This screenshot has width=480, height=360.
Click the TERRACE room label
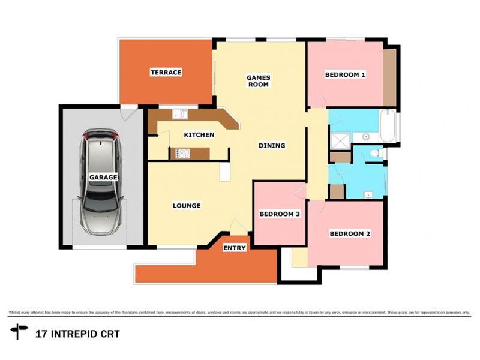(x=166, y=73)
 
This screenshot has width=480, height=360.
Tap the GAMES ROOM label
(x=259, y=81)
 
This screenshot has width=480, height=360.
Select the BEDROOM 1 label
(x=345, y=75)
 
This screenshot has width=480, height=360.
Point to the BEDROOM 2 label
(x=349, y=234)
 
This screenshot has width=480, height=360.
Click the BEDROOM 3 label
(x=279, y=214)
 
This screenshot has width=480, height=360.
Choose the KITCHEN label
(x=199, y=135)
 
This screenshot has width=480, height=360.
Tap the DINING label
(x=271, y=146)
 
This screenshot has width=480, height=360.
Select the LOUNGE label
(x=187, y=206)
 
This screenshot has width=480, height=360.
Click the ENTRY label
(x=235, y=248)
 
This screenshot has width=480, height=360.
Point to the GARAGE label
(x=103, y=178)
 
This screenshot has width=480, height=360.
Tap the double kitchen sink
(x=179, y=113)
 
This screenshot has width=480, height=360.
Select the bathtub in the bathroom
(x=388, y=127)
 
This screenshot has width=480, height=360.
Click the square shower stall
(x=340, y=139)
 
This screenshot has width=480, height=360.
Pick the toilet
(x=377, y=154)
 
